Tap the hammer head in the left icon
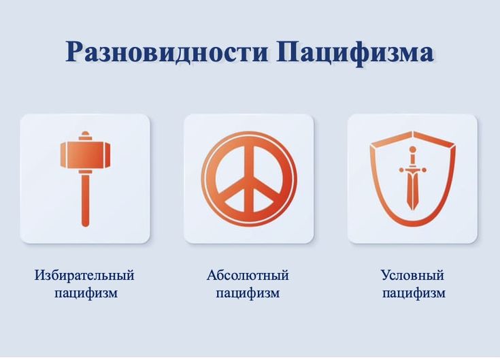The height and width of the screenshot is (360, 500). [85, 154]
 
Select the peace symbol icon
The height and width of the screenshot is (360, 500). [249, 178]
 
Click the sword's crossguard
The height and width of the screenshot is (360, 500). [412, 163]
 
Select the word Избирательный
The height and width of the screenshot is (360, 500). [84, 276]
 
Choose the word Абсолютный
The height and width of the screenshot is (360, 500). [248, 276]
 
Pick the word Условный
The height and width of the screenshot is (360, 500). [412, 276]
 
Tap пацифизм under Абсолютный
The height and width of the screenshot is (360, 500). [248, 293]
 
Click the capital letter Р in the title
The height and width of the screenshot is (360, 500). [74, 52]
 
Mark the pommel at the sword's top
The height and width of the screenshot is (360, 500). [412, 149]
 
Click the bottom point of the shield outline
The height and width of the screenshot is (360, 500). [412, 225]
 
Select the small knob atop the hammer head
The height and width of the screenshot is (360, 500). [85, 135]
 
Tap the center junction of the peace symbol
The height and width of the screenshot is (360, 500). [249, 179]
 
